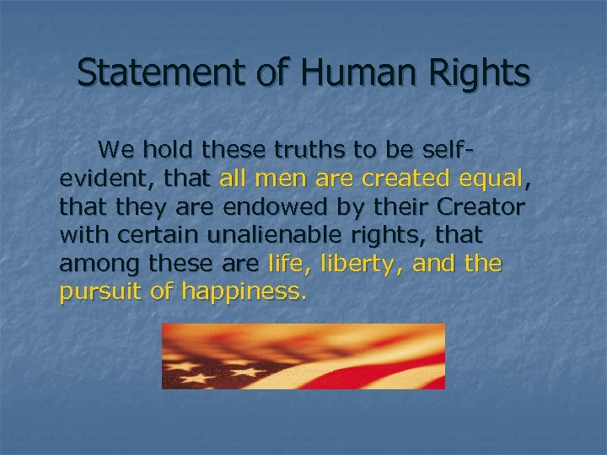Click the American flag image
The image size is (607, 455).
click(303, 356)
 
